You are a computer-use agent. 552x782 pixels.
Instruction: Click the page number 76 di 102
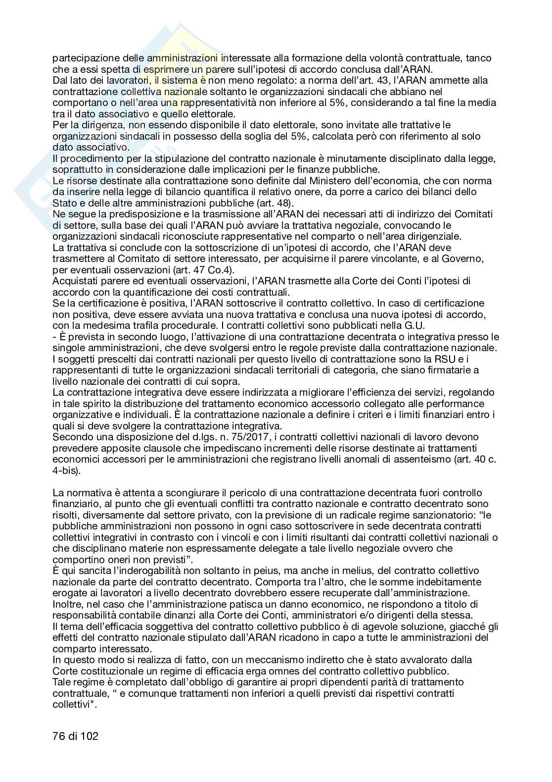point(75,736)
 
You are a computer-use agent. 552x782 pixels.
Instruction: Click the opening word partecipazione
point(85,58)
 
